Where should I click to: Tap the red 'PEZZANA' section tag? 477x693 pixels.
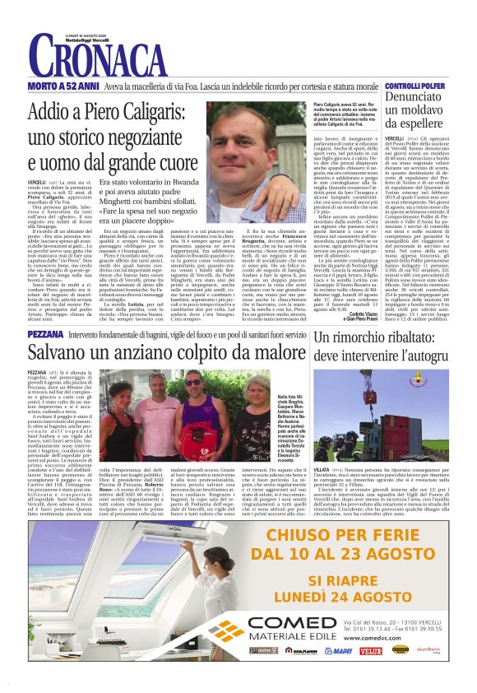pos(39,337)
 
